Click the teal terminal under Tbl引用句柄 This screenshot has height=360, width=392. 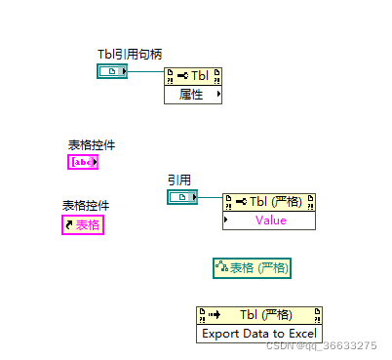[x=112, y=71]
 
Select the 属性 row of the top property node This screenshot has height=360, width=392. [x=190, y=94]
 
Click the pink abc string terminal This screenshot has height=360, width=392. [x=83, y=162]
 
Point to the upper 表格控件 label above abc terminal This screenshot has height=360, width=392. [x=92, y=144]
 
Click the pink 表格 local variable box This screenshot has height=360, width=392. [x=83, y=225]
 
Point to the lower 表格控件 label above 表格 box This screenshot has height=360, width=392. [x=86, y=206]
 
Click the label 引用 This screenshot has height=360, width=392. [x=178, y=180]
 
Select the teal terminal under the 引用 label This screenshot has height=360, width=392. [x=181, y=198]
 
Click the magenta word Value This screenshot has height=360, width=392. [x=271, y=220]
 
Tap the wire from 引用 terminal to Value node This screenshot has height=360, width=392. [x=210, y=199]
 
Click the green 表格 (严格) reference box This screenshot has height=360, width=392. [x=253, y=267]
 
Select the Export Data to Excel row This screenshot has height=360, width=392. [x=259, y=333]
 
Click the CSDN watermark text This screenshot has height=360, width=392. [x=321, y=346]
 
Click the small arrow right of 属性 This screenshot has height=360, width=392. [x=217, y=94]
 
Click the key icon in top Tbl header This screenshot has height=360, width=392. [x=181, y=75]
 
